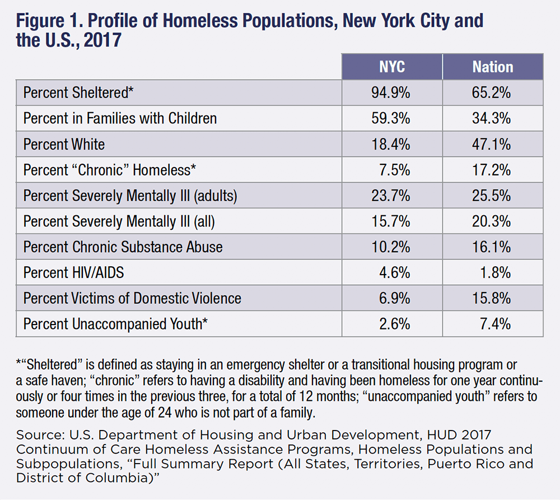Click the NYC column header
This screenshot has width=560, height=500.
point(391,67)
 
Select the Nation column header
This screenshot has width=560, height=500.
point(492,67)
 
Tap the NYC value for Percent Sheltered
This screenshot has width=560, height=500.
point(391,92)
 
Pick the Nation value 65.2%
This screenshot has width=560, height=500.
point(492,92)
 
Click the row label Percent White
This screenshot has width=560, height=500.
point(64,144)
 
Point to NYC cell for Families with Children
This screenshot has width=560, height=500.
point(391,118)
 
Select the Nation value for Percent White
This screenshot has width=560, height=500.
point(492,144)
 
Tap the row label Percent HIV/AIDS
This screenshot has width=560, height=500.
point(73,272)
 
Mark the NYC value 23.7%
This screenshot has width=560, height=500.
point(391,196)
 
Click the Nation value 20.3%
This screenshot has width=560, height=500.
point(492,221)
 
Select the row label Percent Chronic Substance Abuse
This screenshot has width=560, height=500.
point(123,247)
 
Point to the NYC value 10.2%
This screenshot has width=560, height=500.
point(391,247)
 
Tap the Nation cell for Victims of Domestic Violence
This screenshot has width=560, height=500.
point(492,298)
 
